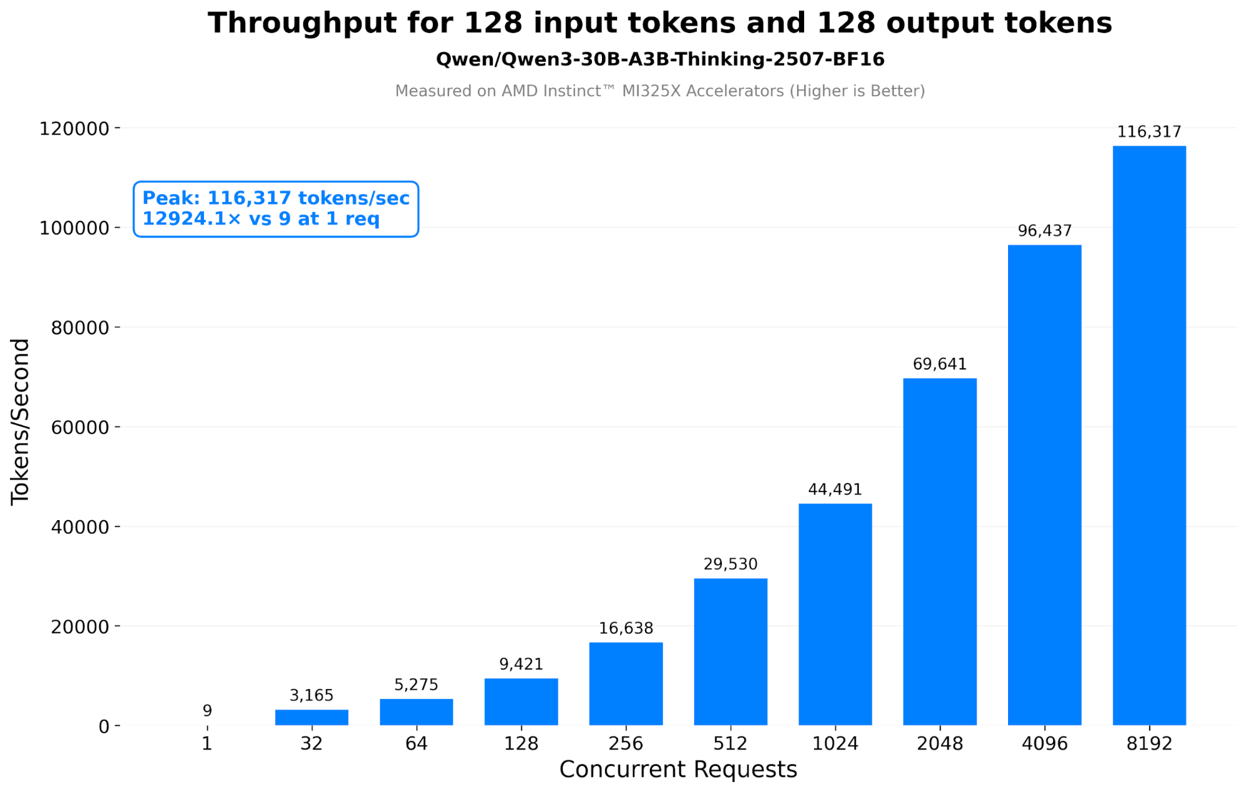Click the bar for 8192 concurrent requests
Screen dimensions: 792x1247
coord(1149,437)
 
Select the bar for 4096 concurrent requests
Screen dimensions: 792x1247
coord(1044,486)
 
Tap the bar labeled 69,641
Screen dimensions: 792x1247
coord(939,552)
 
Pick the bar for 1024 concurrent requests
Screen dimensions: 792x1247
coord(835,614)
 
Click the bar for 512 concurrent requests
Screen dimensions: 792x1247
coord(730,652)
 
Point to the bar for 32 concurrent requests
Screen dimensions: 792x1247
coord(311,717)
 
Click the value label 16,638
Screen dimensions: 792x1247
coord(626,628)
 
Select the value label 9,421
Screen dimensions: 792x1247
coord(521,664)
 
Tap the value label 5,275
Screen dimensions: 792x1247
coord(416,685)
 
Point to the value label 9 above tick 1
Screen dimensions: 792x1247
coord(207,710)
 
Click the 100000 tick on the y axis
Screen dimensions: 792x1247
coord(74,228)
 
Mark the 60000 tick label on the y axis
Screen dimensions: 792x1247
coord(80,428)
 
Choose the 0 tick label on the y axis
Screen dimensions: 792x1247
coord(104,727)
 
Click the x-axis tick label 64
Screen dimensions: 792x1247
coord(416,743)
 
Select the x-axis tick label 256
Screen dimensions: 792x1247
coord(626,743)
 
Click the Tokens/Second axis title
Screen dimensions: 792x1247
coord(20,422)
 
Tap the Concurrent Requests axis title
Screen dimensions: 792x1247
coord(678,770)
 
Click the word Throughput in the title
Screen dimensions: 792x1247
coord(303,24)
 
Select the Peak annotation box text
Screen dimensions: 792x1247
coord(276,208)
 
